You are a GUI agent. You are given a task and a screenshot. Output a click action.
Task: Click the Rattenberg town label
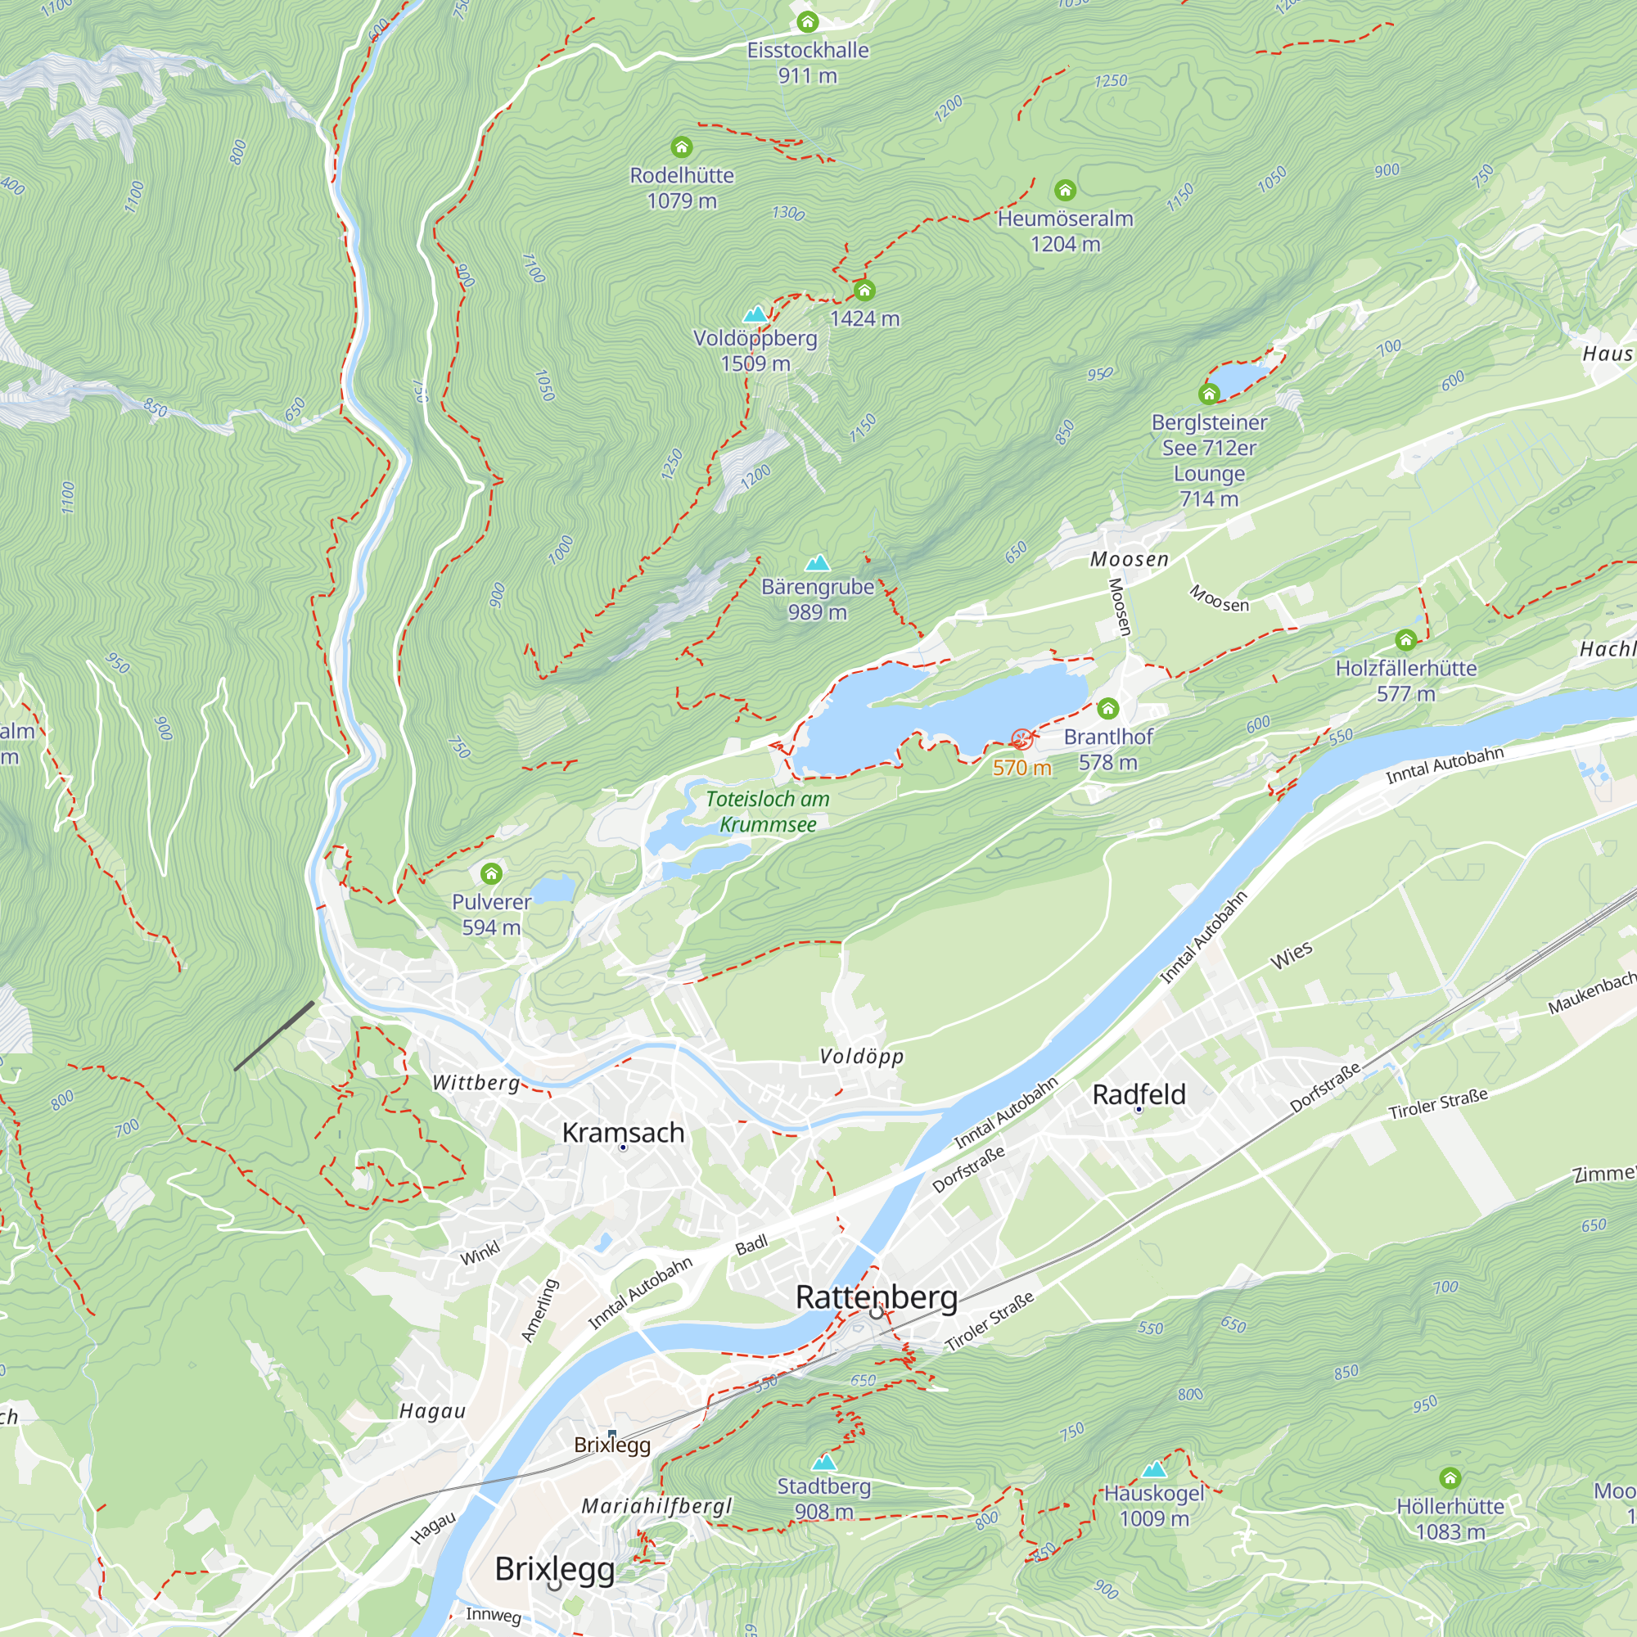click(876, 1297)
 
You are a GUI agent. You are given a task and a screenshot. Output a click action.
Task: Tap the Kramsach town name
click(623, 1132)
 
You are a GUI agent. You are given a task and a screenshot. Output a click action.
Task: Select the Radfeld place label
click(1138, 1094)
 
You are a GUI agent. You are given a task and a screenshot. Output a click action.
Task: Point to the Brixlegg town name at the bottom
click(555, 1568)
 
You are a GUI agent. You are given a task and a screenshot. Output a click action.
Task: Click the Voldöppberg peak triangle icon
click(754, 315)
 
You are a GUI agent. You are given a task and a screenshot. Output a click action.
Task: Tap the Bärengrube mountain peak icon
click(817, 563)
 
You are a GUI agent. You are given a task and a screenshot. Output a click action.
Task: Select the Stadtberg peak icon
click(823, 1463)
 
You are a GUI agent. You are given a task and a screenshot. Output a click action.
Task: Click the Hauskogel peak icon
click(1153, 1469)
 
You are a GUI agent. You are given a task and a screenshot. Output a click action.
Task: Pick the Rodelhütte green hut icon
click(681, 148)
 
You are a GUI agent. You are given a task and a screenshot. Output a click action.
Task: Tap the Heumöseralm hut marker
click(1065, 191)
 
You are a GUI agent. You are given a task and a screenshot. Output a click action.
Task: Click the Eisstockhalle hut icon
click(808, 23)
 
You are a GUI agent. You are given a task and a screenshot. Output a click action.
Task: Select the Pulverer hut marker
click(491, 873)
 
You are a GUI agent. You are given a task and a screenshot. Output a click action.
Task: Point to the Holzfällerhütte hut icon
click(1405, 640)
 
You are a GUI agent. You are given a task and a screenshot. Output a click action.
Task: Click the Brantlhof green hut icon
click(1107, 708)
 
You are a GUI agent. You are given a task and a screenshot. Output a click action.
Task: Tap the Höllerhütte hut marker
click(1450, 1478)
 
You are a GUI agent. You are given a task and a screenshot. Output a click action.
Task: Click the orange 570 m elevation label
click(1021, 768)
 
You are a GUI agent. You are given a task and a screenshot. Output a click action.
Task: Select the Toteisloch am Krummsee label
click(767, 812)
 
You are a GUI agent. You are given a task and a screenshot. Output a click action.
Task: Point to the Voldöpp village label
click(861, 1057)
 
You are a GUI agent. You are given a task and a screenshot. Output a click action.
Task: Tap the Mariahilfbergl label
click(656, 1506)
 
